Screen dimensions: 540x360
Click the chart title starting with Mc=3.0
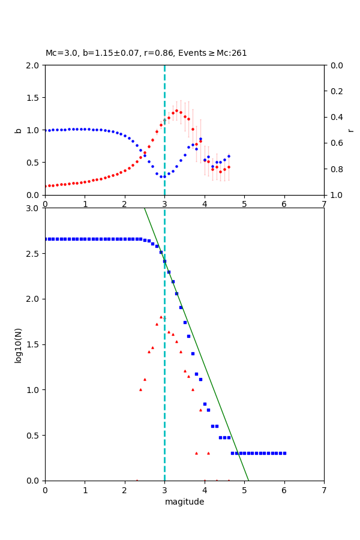click(x=146, y=53)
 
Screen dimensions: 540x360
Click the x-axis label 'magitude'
click(x=184, y=502)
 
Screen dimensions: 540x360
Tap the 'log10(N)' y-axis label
click(x=18, y=344)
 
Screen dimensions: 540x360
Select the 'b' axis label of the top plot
click(x=18, y=130)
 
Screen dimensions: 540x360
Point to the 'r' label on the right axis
click(x=350, y=130)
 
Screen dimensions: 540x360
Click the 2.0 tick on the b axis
click(x=34, y=65)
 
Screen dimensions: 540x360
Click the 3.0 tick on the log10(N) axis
click(x=34, y=208)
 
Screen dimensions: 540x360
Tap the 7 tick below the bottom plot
click(x=324, y=489)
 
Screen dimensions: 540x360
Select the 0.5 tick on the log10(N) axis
click(x=34, y=435)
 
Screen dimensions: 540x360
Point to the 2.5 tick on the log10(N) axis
click(x=34, y=254)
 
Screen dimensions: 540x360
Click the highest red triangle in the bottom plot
click(x=161, y=317)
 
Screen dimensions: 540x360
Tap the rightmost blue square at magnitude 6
click(x=284, y=453)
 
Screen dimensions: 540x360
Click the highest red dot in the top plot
click(x=176, y=110)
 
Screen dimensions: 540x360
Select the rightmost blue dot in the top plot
click(x=229, y=156)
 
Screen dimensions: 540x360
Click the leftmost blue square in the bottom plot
click(x=46, y=239)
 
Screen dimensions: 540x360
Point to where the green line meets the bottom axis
click(x=248, y=480)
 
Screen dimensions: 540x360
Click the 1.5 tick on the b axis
click(x=34, y=97)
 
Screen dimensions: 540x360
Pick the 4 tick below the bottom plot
click(x=205, y=489)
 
